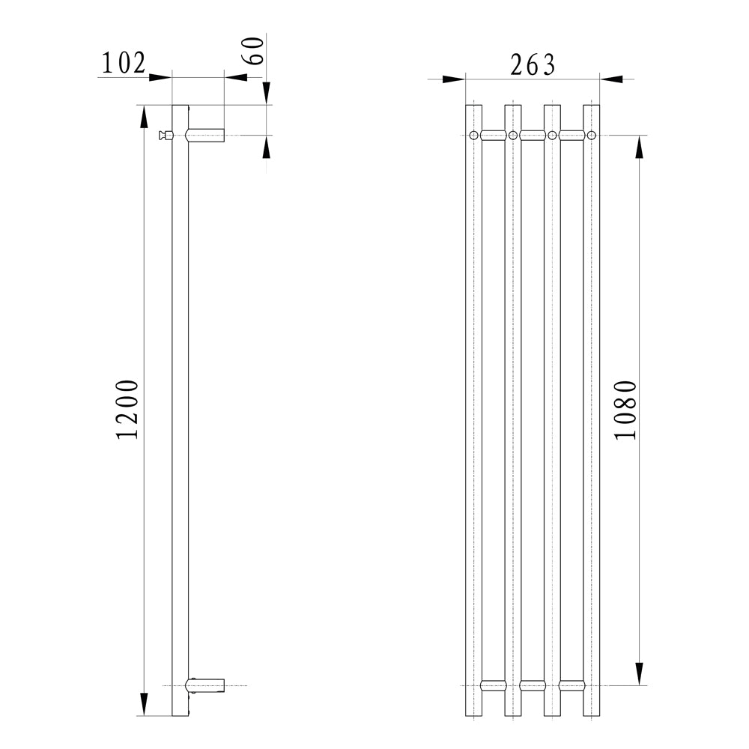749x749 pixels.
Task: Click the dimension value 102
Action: pos(124,63)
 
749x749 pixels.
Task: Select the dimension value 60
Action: pos(253,50)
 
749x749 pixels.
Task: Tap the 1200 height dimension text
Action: pos(127,410)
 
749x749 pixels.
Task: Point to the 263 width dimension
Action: pos(533,65)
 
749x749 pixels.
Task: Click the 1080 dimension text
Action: pos(625,410)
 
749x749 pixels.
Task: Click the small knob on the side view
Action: pos(166,136)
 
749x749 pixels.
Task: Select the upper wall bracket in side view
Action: pos(205,135)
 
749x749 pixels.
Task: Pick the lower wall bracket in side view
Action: pos(205,685)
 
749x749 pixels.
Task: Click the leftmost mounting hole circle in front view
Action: pos(473,135)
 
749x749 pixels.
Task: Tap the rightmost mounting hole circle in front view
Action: pos(592,135)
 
